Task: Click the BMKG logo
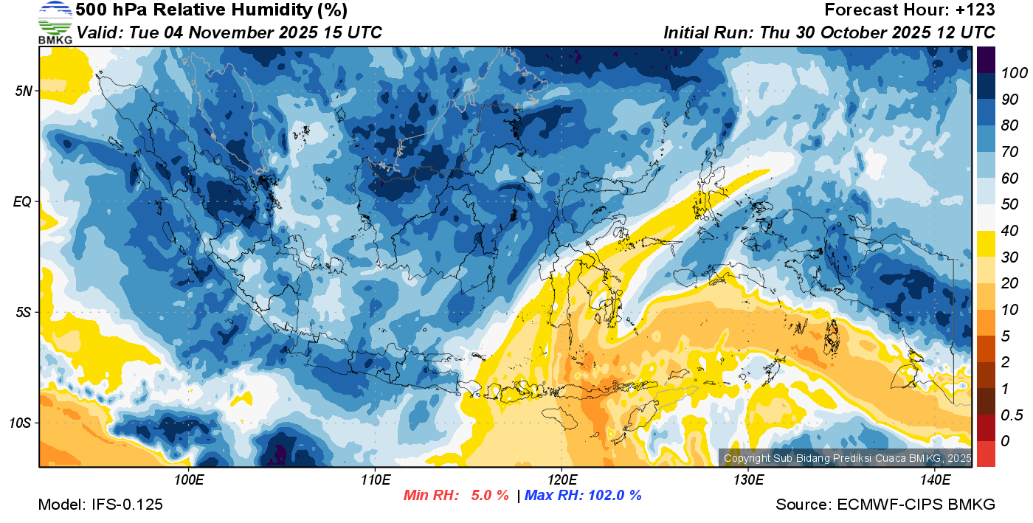click(x=55, y=22)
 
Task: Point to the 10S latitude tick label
click(x=21, y=423)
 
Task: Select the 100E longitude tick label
click(x=189, y=480)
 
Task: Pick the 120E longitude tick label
click(x=562, y=480)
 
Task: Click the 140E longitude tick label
click(x=935, y=480)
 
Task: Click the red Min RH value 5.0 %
click(x=490, y=495)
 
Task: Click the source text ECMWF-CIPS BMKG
click(x=916, y=505)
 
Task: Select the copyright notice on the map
click(x=847, y=458)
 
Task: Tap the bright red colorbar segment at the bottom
click(x=986, y=453)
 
